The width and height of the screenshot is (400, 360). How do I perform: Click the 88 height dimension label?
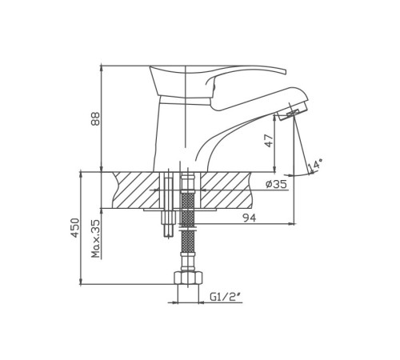click(95, 118)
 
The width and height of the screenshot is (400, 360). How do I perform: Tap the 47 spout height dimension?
click(269, 141)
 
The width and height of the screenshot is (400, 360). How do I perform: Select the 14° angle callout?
click(314, 165)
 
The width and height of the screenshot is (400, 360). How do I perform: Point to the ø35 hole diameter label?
click(276, 184)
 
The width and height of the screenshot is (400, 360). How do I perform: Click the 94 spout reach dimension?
click(250, 218)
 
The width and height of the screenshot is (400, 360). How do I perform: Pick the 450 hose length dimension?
click(75, 228)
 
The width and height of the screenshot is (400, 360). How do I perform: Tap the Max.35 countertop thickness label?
click(95, 238)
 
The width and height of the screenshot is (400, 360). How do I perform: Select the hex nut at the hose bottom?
click(188, 278)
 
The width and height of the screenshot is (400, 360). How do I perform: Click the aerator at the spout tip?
click(292, 114)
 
